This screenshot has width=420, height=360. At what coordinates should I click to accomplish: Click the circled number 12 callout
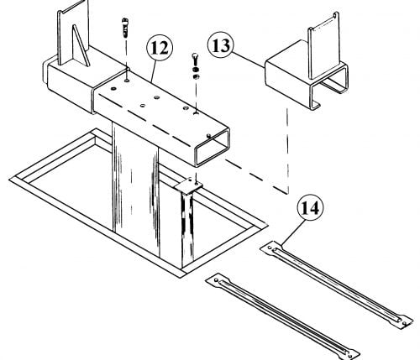[x=160, y=47]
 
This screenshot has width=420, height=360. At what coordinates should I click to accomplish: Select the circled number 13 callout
[x=221, y=45]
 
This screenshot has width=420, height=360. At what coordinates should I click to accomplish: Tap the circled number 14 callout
[x=310, y=207]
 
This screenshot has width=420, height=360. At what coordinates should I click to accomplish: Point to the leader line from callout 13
[x=249, y=60]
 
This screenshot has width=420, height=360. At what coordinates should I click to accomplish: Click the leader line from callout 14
[x=292, y=232]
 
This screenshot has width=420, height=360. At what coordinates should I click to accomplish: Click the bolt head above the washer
[x=195, y=59]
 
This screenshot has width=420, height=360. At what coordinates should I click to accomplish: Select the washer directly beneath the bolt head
[x=196, y=70]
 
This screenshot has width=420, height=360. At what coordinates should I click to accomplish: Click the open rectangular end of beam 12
[x=212, y=147]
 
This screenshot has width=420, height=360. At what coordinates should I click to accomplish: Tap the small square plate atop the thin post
[x=188, y=185]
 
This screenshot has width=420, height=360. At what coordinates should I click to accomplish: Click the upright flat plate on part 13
[x=324, y=46]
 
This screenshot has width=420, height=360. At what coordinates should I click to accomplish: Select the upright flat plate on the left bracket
[x=73, y=31]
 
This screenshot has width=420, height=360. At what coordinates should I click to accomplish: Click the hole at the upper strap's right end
[x=404, y=323]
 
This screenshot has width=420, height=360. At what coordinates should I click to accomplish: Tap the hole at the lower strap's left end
[x=216, y=280]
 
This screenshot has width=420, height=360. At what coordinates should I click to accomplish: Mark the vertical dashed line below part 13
[x=287, y=151]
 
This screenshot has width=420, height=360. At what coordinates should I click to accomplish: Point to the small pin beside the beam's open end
[x=208, y=136]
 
